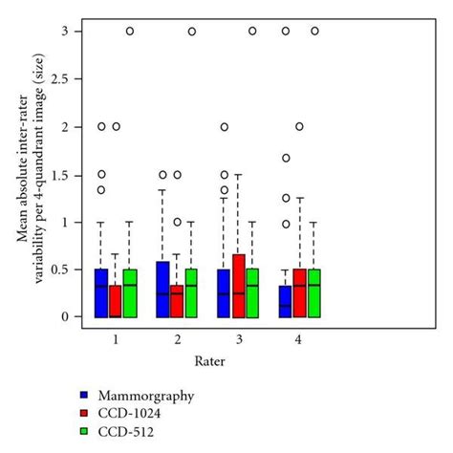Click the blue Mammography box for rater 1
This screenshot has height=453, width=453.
(101, 292)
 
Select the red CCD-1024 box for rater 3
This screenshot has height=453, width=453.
(239, 285)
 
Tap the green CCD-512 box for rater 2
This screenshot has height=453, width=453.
(191, 292)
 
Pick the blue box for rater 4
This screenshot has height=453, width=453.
(285, 301)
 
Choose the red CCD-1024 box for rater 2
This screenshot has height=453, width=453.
(177, 300)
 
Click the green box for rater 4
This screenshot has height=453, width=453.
(313, 292)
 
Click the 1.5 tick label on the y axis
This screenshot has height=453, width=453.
(65, 174)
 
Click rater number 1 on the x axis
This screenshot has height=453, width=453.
(116, 339)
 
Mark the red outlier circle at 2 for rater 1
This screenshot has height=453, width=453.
(116, 126)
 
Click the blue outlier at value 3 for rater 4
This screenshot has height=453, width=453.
(285, 31)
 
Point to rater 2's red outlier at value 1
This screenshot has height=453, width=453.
(177, 222)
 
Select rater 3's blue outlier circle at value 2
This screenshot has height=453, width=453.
(225, 126)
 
